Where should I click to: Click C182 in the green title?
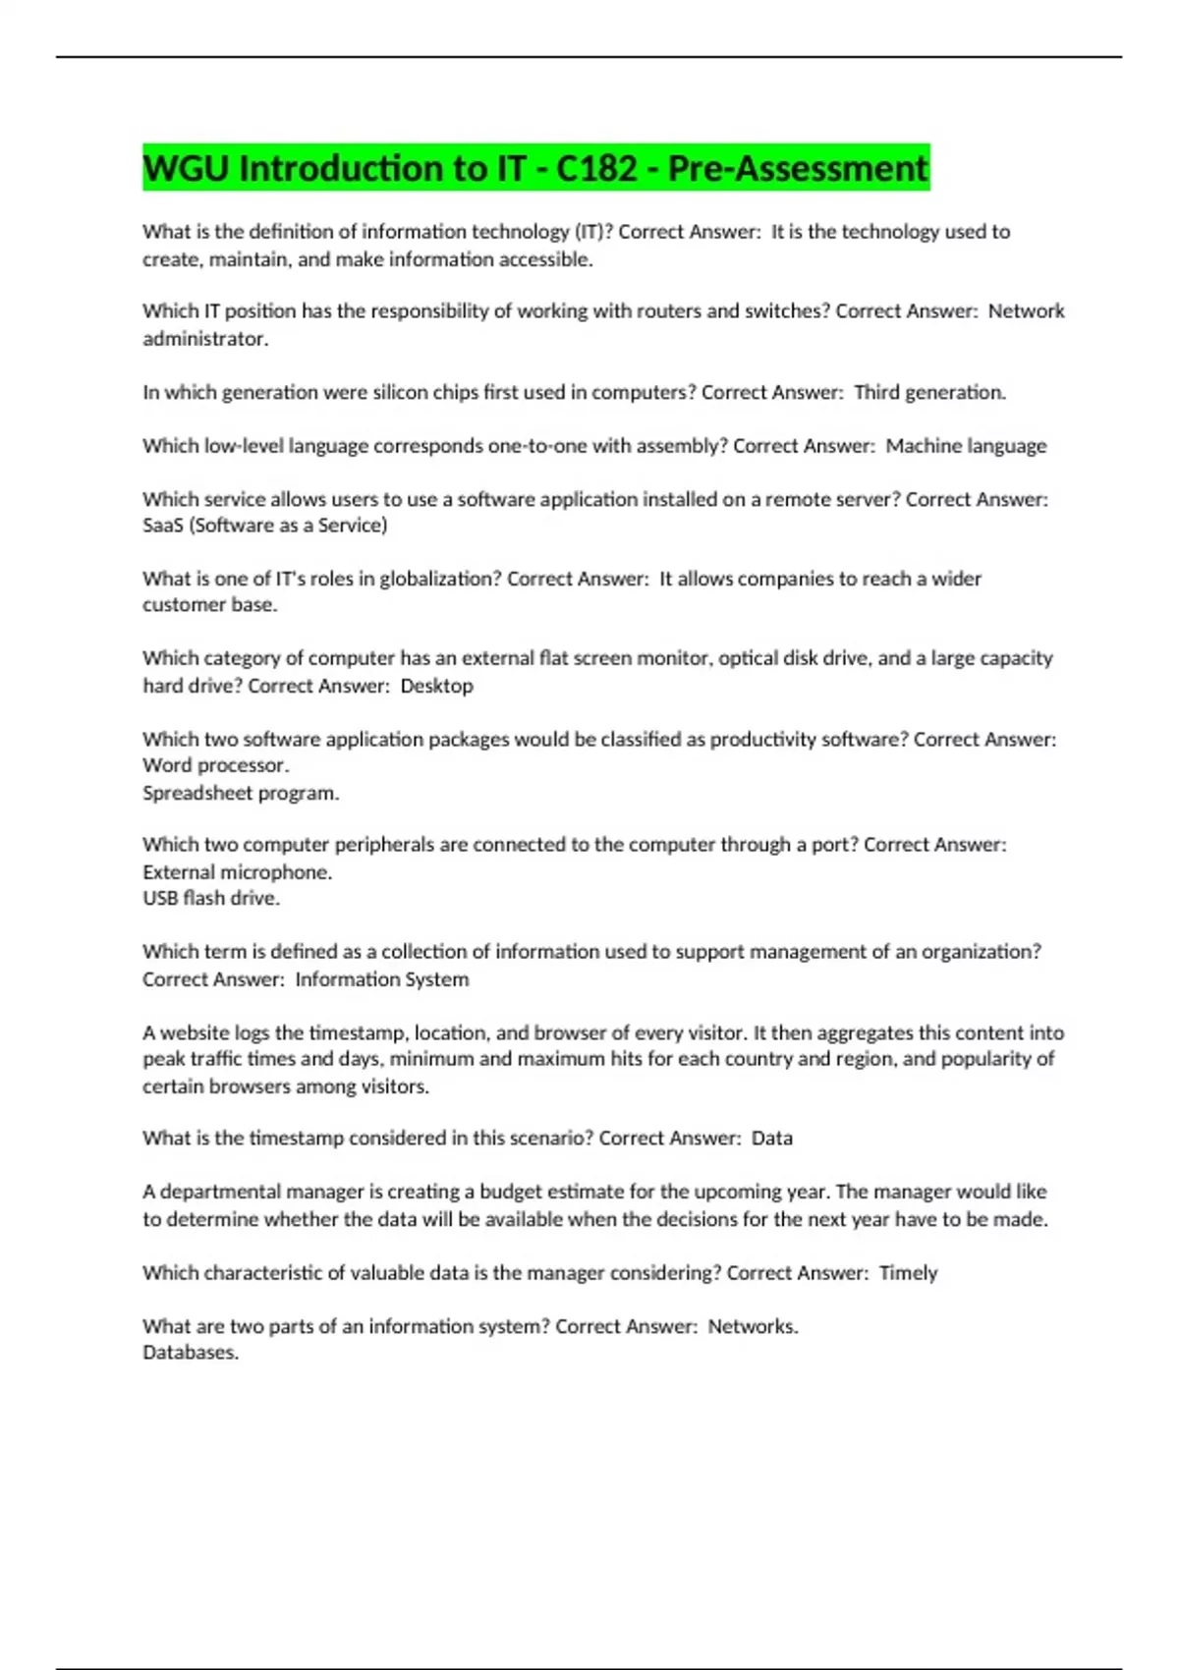[x=596, y=168]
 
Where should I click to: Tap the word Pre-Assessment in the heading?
[x=798, y=168]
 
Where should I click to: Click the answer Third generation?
[x=929, y=392]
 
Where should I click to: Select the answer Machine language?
[x=966, y=446]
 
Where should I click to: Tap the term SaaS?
[x=163, y=526]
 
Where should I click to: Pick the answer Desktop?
[x=436, y=686]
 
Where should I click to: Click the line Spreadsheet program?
[x=241, y=793]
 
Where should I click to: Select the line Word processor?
[x=216, y=765]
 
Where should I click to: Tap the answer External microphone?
[x=237, y=872]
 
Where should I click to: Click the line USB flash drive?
[x=211, y=898]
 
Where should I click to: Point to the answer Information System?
[x=382, y=979]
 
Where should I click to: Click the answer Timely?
[x=908, y=1273]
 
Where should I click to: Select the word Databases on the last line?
[x=191, y=1353]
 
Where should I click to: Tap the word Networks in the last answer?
[x=753, y=1326]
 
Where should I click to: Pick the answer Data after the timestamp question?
[x=772, y=1139]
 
